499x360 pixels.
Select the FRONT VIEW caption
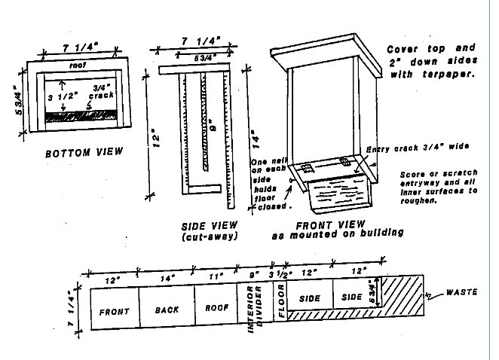(330, 224)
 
